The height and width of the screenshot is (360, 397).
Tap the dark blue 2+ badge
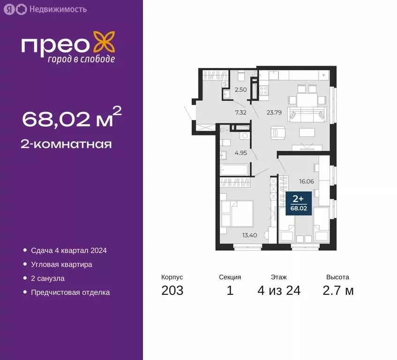(299, 203)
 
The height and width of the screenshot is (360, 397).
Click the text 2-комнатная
(67, 144)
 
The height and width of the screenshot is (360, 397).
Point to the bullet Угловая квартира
(61, 264)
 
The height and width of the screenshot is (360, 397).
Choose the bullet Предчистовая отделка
(70, 292)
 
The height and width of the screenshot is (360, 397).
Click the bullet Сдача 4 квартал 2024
(69, 250)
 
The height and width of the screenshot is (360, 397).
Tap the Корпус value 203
(172, 291)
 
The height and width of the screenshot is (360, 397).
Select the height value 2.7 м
(338, 291)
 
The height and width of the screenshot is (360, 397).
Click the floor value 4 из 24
(279, 291)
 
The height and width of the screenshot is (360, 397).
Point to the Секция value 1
(230, 291)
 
